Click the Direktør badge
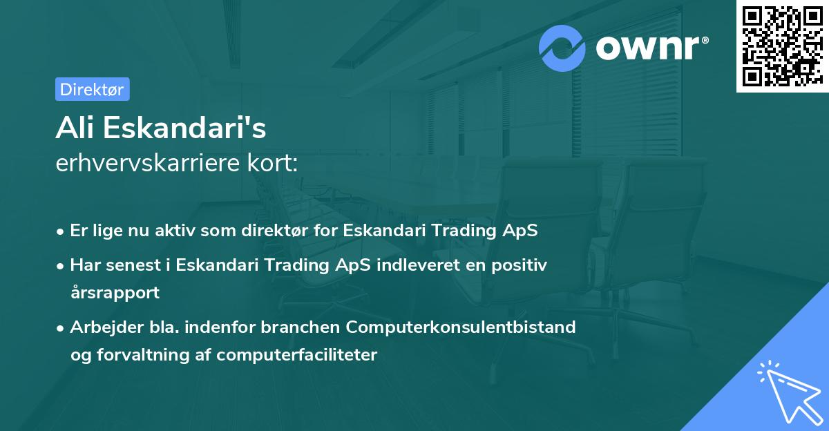tap(92, 89)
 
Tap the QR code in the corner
tap(781, 46)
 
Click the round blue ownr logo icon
tap(562, 48)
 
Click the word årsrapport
tap(115, 292)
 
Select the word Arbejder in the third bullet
tap(101, 327)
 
